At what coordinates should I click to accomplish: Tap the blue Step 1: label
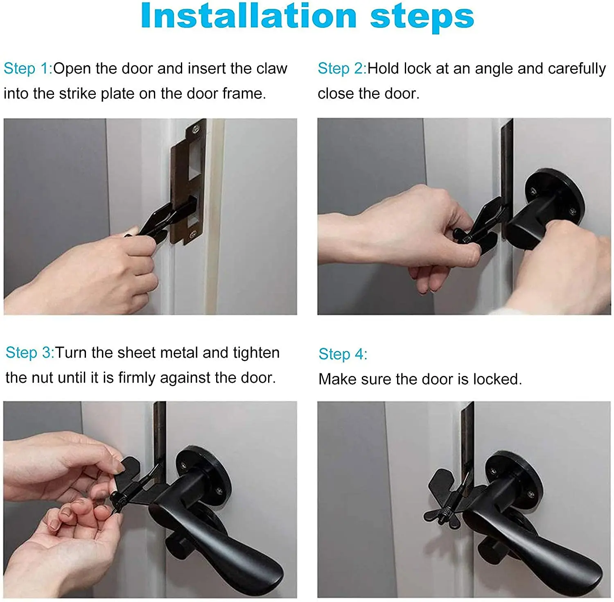pyautogui.click(x=28, y=68)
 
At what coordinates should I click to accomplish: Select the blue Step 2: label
pyautogui.click(x=342, y=68)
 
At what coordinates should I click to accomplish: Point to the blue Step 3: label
pyautogui.click(x=29, y=353)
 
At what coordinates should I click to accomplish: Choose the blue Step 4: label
pyautogui.click(x=343, y=354)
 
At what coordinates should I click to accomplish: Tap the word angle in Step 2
pyautogui.click(x=494, y=68)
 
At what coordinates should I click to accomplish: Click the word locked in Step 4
pyautogui.click(x=497, y=379)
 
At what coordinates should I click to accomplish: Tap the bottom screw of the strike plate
pyautogui.click(x=191, y=234)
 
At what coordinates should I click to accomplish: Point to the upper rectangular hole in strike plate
pyautogui.click(x=196, y=158)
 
